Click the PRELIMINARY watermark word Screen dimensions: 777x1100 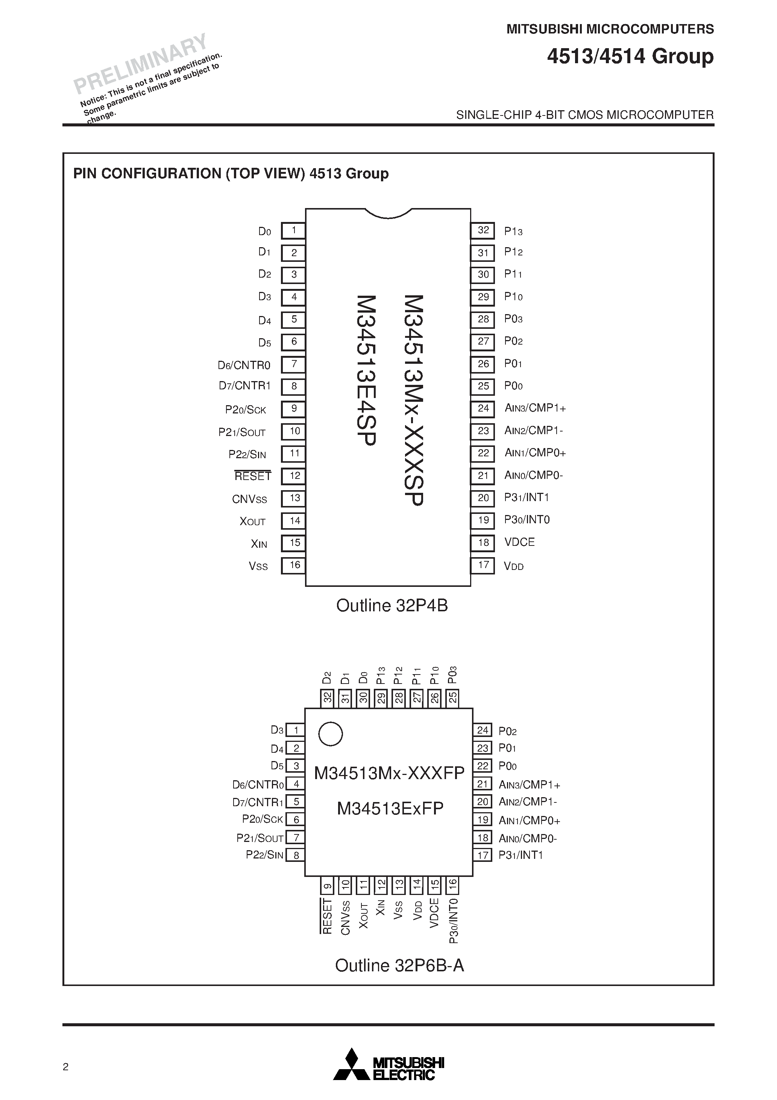point(140,63)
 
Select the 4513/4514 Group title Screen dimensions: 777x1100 point(630,56)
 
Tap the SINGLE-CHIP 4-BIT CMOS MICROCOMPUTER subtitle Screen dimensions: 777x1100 point(584,115)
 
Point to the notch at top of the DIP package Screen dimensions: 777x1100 point(388,214)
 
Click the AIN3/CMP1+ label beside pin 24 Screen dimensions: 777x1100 point(535,408)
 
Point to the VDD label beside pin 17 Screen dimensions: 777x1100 point(513,566)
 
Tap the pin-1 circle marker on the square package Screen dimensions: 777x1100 point(331,734)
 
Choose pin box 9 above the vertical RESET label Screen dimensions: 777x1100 point(327,885)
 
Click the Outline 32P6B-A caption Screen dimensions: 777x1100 point(399,965)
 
